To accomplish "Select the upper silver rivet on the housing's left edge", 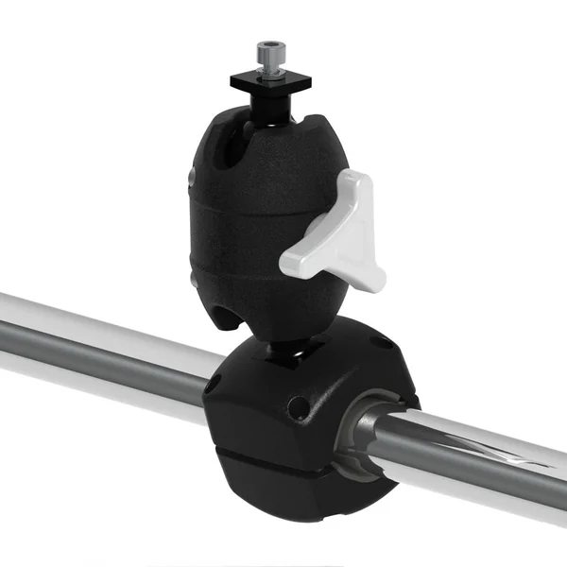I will pos(191,176).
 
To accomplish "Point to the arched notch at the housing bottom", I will pos(236,318).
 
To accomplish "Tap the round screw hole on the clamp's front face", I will pos(300,407).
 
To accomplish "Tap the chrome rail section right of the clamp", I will pos(482,463).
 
